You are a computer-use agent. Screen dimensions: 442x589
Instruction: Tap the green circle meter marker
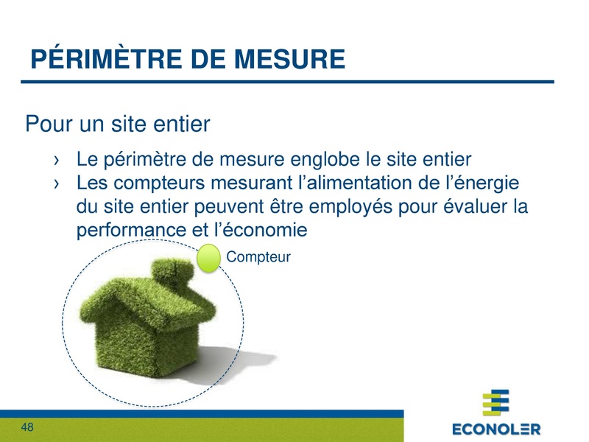(210, 259)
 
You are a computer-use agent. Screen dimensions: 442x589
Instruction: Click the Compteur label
(259, 256)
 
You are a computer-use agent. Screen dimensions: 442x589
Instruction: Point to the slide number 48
(28, 427)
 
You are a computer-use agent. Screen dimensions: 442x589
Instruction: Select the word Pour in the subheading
(50, 123)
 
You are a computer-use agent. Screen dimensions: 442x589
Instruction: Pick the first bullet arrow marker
(57, 160)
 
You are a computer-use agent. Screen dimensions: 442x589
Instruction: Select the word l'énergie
(482, 182)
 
